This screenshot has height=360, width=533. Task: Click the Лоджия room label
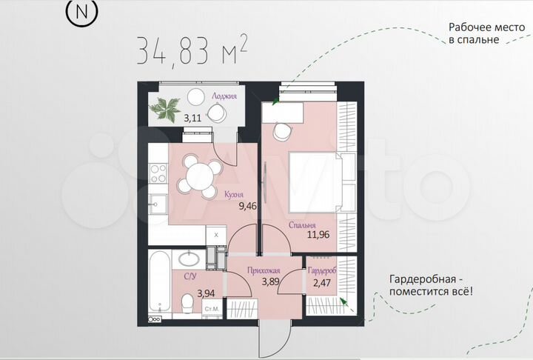[x=224, y=96]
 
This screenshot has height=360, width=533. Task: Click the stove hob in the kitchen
[x=158, y=173]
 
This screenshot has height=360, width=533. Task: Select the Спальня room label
[x=304, y=225]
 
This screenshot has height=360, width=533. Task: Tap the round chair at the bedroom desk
[x=282, y=130]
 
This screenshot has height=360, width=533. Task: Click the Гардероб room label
[x=322, y=272]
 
